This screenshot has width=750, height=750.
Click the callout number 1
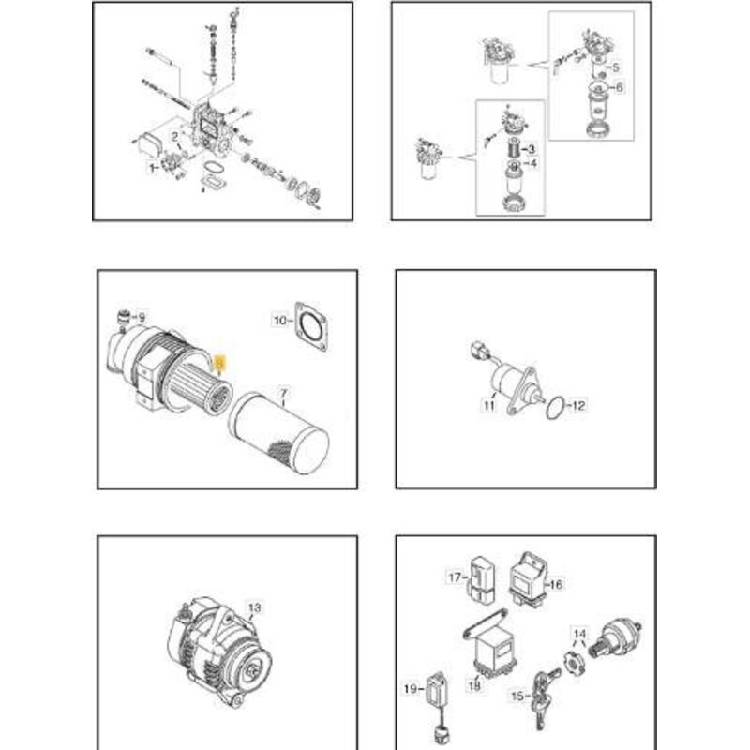pos(150,169)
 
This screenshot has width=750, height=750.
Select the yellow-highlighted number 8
pos(219,361)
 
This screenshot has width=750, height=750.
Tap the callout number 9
pos(142,318)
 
